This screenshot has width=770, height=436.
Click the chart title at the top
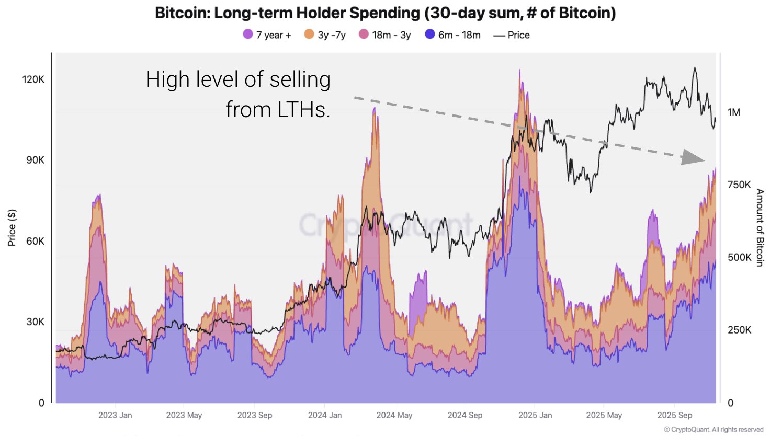(x=385, y=13)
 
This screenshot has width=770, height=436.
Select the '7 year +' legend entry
(x=267, y=35)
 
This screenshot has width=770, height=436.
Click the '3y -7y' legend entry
(x=325, y=35)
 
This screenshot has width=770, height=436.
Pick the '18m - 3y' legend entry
(x=385, y=35)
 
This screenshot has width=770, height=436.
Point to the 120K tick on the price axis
(x=33, y=79)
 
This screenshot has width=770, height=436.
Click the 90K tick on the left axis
(x=36, y=160)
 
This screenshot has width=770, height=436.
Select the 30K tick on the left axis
(x=36, y=322)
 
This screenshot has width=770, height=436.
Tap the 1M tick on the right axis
(x=734, y=112)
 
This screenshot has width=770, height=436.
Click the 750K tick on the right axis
(x=739, y=185)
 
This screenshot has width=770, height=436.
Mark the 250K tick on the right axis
(x=739, y=330)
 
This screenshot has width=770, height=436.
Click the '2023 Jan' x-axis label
(x=115, y=415)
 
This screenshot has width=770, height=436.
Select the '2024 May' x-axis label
(x=394, y=415)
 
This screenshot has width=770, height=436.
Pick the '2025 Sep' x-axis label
(x=675, y=415)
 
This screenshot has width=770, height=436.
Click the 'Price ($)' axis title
(x=12, y=228)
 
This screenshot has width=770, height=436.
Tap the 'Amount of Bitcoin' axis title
(x=760, y=228)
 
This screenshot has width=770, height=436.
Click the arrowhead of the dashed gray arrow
(x=694, y=157)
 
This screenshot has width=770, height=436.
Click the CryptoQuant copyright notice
(x=714, y=430)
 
